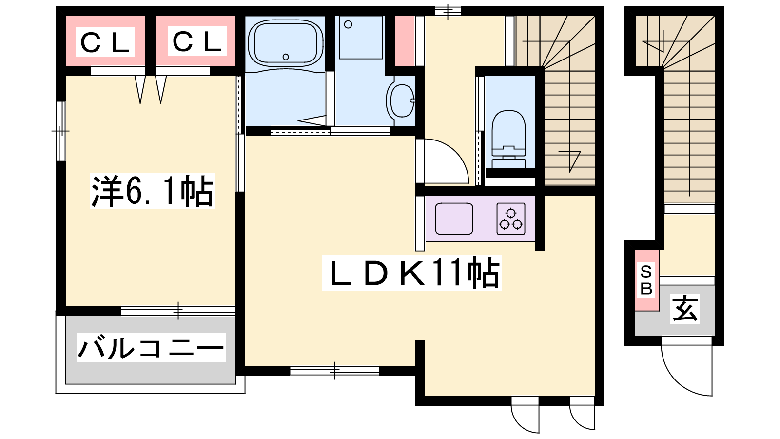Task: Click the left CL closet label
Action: click(105, 42)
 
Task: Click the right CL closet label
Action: click(197, 41)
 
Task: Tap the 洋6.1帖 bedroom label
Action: click(152, 191)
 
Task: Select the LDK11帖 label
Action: click(411, 273)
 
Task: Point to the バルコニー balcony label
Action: click(151, 347)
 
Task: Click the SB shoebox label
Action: click(646, 280)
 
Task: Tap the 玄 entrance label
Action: click(685, 308)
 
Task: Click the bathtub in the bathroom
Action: click(286, 43)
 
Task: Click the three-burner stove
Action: click(511, 219)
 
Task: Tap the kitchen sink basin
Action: click(454, 219)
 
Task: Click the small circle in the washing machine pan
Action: click(348, 24)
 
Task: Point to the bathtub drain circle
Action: click(286, 57)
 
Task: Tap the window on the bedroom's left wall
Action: click(60, 131)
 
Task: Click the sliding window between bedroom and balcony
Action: click(178, 311)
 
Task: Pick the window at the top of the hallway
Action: click(448, 11)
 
